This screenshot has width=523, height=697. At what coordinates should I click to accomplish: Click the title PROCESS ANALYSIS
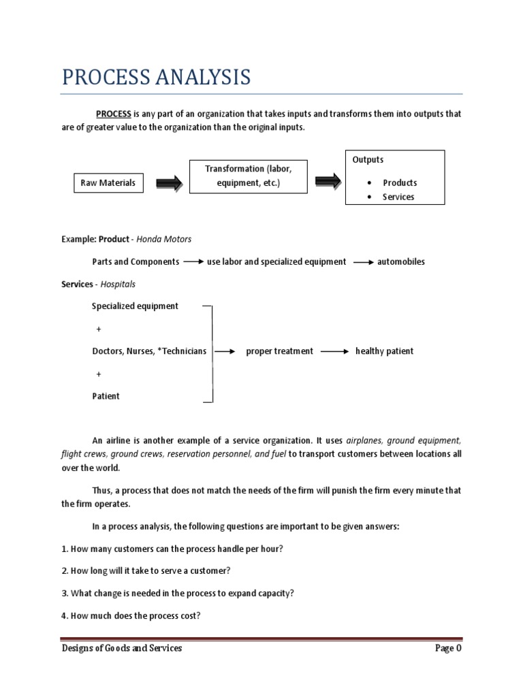click(x=156, y=77)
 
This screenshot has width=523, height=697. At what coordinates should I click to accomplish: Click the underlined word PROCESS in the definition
click(x=113, y=114)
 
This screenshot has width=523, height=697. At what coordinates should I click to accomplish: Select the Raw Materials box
click(x=108, y=182)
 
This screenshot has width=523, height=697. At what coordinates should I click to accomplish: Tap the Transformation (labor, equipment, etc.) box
click(x=248, y=176)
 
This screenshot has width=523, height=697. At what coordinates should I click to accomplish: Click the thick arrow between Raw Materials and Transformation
click(x=168, y=182)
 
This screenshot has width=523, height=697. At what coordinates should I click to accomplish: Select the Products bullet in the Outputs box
click(x=400, y=182)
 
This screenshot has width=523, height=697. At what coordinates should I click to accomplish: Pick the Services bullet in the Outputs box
click(x=398, y=197)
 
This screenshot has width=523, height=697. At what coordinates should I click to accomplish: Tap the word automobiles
click(x=401, y=261)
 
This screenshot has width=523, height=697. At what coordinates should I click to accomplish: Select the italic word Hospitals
click(x=118, y=284)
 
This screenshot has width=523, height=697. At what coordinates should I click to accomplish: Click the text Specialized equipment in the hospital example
click(x=135, y=306)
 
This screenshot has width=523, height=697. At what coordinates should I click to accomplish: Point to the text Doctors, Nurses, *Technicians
click(x=149, y=351)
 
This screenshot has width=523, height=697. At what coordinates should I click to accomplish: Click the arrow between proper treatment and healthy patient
click(x=334, y=351)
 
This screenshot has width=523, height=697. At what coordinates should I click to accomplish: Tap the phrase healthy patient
click(x=384, y=351)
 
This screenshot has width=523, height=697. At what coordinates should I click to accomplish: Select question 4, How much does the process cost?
click(x=131, y=615)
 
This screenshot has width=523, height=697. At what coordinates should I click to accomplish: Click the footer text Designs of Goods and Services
click(x=121, y=648)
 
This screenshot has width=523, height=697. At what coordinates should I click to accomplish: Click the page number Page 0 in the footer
click(x=448, y=648)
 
